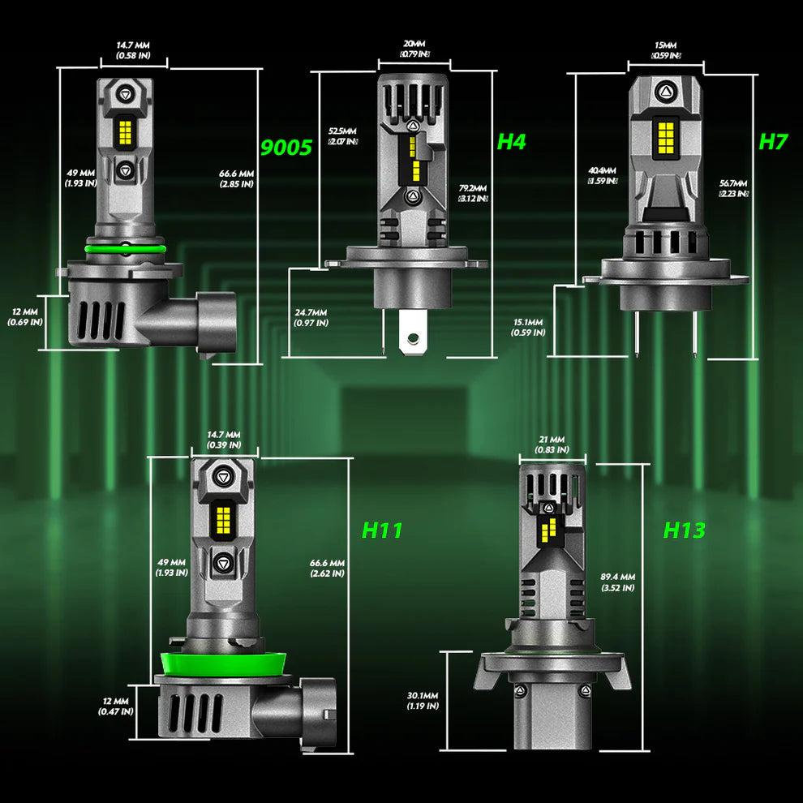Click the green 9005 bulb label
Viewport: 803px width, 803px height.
286,148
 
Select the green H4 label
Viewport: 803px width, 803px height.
511,142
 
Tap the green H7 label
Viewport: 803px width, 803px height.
773,142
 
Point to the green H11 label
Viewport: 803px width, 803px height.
381,531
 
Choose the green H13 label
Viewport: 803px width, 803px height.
684,531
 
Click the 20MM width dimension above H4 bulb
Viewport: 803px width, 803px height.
414,49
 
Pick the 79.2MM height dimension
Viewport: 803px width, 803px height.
472,192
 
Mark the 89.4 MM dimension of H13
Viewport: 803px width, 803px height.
618,582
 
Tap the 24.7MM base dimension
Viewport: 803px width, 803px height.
311,317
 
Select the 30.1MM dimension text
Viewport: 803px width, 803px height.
423,701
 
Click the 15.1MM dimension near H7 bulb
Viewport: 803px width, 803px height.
527,327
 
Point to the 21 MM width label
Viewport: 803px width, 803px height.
552,444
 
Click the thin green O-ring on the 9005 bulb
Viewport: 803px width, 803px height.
124,247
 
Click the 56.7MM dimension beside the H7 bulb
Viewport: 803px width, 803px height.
733,188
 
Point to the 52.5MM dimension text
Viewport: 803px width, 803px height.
342,135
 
